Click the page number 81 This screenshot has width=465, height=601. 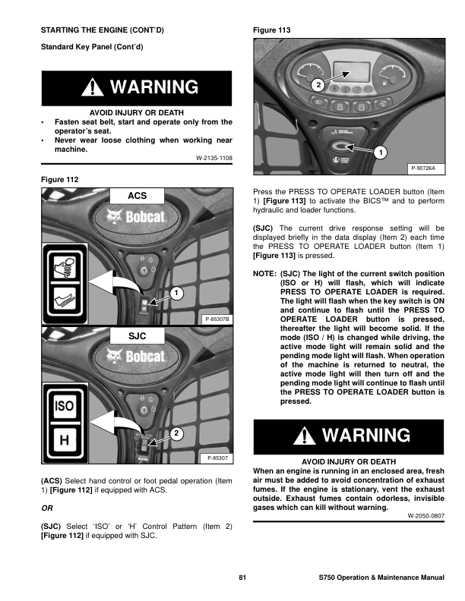pyautogui.click(x=242, y=579)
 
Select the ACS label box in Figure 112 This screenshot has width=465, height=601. pyautogui.click(x=138, y=196)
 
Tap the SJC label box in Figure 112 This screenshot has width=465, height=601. pyautogui.click(x=138, y=335)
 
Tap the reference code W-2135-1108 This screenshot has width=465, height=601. pyautogui.click(x=214, y=158)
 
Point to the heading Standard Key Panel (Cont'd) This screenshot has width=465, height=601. pyautogui.click(x=91, y=48)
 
